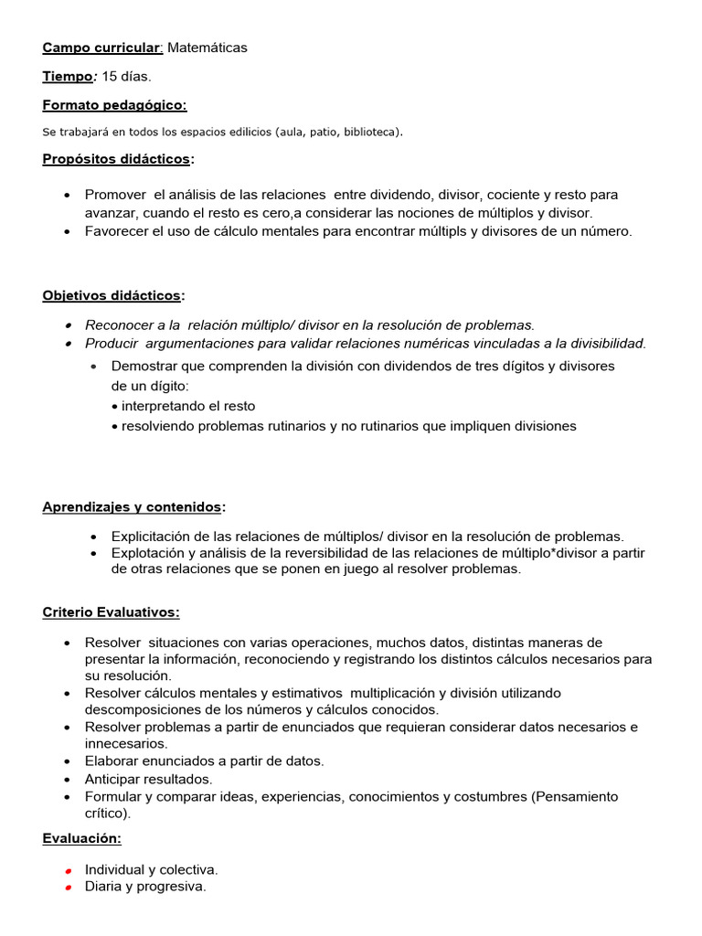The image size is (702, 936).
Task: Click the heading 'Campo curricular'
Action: (x=101, y=48)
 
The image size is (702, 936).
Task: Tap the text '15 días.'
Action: (x=126, y=76)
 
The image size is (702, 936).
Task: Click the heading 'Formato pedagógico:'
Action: (x=114, y=105)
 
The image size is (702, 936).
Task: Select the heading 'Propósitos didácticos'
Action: (x=117, y=159)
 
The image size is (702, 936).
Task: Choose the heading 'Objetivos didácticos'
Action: (x=112, y=295)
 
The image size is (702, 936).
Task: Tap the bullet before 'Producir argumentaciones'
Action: (x=69, y=344)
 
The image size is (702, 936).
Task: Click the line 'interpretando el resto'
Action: (x=188, y=406)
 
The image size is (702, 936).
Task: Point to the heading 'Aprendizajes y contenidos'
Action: (x=132, y=506)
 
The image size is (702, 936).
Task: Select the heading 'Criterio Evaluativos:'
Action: (x=111, y=612)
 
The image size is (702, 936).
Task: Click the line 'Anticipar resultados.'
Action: (x=148, y=779)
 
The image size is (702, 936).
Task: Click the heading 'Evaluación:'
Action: (x=81, y=838)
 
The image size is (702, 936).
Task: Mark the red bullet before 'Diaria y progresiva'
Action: (x=69, y=888)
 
